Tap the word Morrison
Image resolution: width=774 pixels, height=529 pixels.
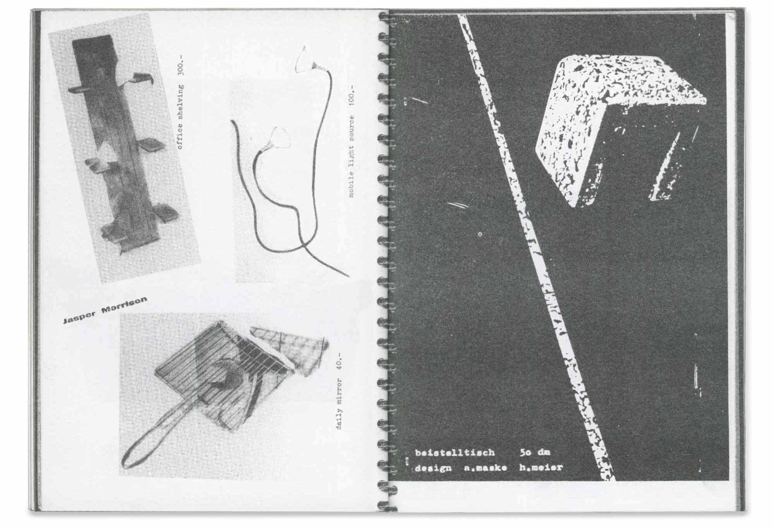124,305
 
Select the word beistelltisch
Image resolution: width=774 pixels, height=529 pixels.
455,453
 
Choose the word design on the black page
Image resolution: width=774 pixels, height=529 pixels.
433,468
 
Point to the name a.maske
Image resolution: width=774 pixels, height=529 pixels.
485,468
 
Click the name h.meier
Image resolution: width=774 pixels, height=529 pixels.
541,468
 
